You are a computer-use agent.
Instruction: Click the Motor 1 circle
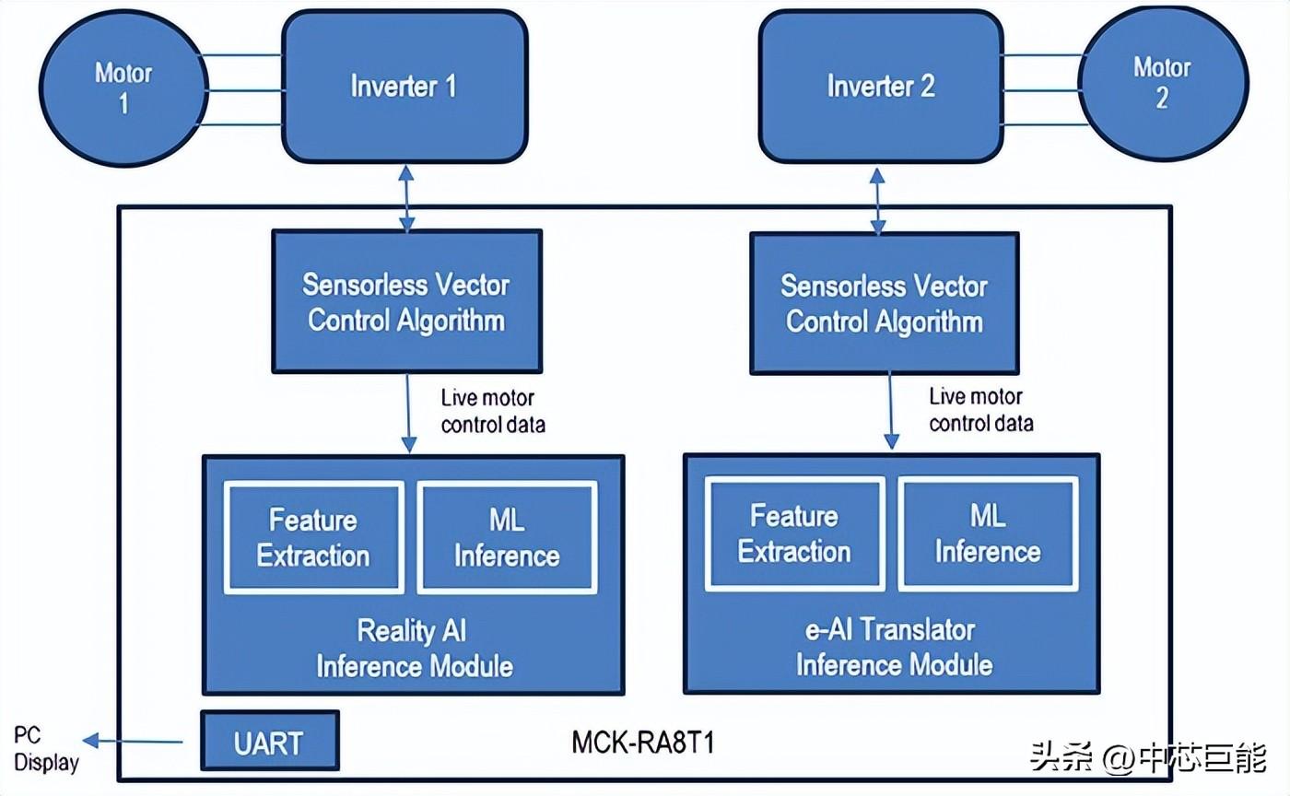click(x=123, y=88)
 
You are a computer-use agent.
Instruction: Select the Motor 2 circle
click(x=1163, y=84)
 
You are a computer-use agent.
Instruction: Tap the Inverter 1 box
click(x=405, y=87)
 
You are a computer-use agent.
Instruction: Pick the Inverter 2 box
click(x=881, y=87)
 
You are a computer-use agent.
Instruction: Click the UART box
click(x=269, y=741)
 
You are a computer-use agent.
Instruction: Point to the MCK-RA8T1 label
click(x=643, y=743)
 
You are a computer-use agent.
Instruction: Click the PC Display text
click(x=46, y=749)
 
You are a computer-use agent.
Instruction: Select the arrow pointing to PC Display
click(x=133, y=741)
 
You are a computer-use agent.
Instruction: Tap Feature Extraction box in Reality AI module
click(x=314, y=537)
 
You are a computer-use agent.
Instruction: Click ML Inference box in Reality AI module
click(x=507, y=537)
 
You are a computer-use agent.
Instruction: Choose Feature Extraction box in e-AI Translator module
click(x=794, y=533)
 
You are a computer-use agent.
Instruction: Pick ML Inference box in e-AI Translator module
click(x=988, y=533)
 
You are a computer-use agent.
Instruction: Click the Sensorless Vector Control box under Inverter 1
click(x=406, y=301)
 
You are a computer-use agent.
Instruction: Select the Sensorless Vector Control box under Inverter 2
click(x=885, y=303)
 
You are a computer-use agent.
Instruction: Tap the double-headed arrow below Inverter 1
click(x=406, y=199)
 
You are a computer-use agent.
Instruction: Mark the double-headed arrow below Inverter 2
click(x=877, y=201)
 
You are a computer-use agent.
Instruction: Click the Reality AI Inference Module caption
click(x=414, y=648)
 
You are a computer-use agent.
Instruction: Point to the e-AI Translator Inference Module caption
click(x=894, y=647)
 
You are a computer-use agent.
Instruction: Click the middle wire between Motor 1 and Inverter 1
click(x=245, y=90)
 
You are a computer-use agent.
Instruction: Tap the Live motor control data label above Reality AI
click(x=493, y=411)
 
